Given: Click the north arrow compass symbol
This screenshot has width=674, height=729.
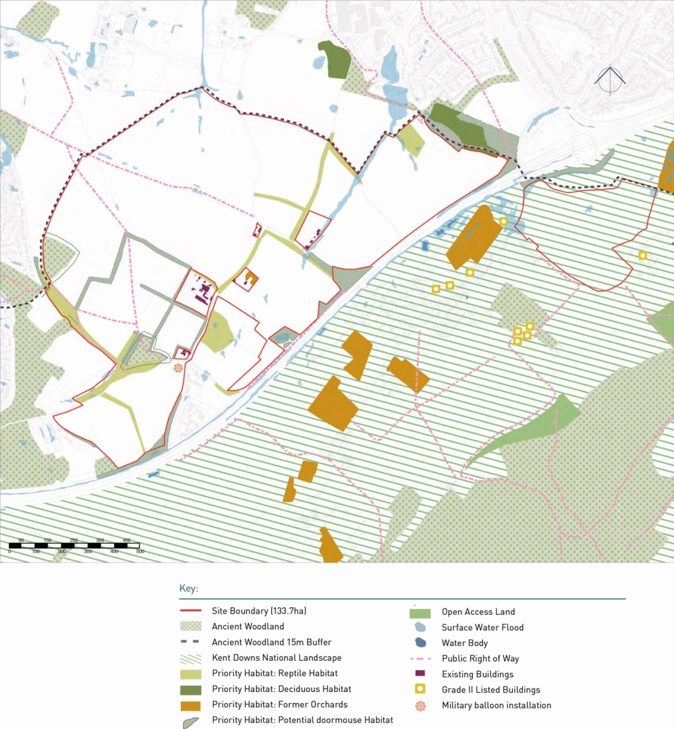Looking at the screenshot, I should (x=610, y=80).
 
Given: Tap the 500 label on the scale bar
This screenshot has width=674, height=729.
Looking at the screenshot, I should (x=140, y=551).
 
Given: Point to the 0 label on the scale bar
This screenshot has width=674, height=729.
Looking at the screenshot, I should (x=9, y=551).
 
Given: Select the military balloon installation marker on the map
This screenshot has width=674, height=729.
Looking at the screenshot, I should (x=178, y=368).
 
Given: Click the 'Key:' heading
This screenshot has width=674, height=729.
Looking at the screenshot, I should (x=189, y=588).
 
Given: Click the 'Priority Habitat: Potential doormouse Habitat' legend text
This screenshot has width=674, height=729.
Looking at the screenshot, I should (x=302, y=720).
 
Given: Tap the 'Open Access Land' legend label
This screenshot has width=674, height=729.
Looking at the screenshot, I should (x=478, y=612).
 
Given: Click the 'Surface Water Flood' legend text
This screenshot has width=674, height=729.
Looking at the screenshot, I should (x=482, y=627).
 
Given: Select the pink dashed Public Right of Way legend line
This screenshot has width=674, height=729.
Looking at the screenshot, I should (x=420, y=659).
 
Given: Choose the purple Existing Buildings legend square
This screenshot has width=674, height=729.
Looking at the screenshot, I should (x=420, y=674).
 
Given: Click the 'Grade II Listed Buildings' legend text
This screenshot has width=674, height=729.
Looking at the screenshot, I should (x=490, y=689).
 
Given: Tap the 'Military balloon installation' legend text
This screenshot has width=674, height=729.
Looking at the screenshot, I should (x=496, y=705).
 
